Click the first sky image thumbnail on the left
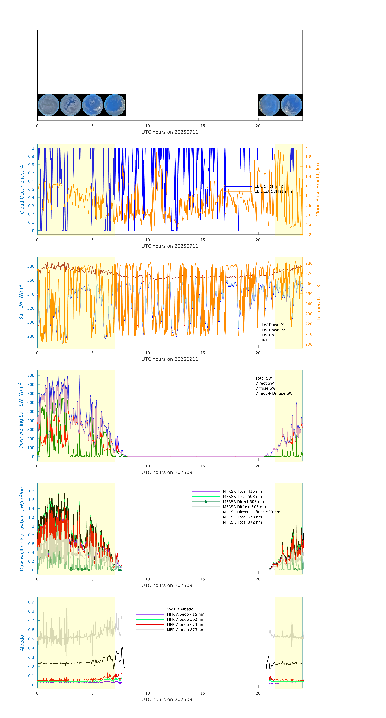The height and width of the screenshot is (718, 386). click(x=48, y=105)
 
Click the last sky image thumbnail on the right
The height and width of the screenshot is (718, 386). click(x=291, y=105)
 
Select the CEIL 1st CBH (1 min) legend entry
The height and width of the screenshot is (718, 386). click(x=273, y=191)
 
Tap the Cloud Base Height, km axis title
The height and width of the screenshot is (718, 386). click(x=318, y=190)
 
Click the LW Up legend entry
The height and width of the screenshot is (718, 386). click(x=267, y=335)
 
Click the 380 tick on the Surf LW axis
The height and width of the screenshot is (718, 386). click(x=31, y=266)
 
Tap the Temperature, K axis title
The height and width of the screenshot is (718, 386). click(x=319, y=303)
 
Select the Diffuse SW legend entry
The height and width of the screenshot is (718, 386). click(x=265, y=388)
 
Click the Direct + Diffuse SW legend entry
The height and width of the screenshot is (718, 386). click(x=273, y=393)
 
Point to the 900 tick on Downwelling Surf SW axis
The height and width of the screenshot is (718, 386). click(x=31, y=375)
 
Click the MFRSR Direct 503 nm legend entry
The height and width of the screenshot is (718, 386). click(x=243, y=502)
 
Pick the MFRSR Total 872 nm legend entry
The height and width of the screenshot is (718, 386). click(x=242, y=522)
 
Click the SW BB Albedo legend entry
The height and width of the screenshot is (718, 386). click(x=180, y=609)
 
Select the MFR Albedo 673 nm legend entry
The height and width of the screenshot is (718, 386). click(x=185, y=625)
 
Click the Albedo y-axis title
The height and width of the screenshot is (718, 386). click(x=22, y=643)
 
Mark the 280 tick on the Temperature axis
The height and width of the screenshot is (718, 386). click(x=309, y=263)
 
